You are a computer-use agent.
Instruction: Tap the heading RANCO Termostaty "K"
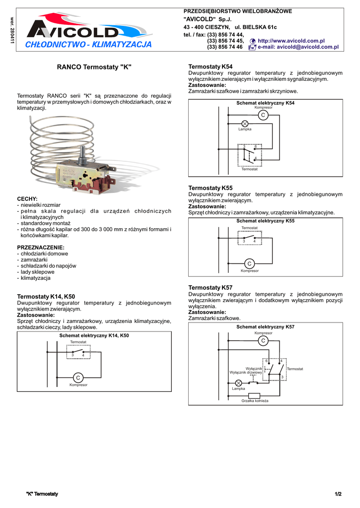94,66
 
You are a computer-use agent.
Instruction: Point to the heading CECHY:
27,198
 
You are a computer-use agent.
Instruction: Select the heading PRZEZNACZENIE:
41,247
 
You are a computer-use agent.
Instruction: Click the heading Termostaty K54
211,66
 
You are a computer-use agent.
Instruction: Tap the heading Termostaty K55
211,188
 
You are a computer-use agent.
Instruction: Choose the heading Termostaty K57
211,288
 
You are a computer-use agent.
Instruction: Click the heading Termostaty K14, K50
46,296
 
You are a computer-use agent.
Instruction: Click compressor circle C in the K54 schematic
263,115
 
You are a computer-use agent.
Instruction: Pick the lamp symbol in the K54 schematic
245,124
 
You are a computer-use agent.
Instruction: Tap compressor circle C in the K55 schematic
250,263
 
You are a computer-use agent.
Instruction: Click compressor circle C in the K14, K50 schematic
78,378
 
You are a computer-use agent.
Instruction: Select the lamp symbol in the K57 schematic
238,383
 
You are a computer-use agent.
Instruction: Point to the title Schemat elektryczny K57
265,327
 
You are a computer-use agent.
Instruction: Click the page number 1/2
338,494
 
